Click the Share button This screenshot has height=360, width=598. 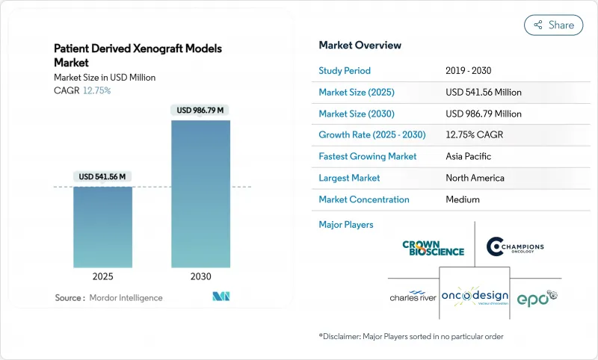click(553, 25)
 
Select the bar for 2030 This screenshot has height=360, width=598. click(200, 194)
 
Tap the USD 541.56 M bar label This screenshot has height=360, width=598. click(103, 177)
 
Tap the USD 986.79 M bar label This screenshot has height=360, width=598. click(200, 111)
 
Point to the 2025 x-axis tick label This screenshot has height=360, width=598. click(103, 276)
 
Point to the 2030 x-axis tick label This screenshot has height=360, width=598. click(200, 276)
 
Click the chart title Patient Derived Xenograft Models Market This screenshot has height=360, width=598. click(138, 55)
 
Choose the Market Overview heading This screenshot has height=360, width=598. click(360, 46)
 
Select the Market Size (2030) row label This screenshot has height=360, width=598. click(357, 114)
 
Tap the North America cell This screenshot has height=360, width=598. click(474, 179)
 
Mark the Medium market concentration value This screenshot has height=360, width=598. click(462, 199)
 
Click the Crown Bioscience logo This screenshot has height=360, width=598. click(433, 248)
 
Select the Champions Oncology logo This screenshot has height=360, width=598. click(515, 247)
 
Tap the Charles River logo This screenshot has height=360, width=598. click(413, 297)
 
